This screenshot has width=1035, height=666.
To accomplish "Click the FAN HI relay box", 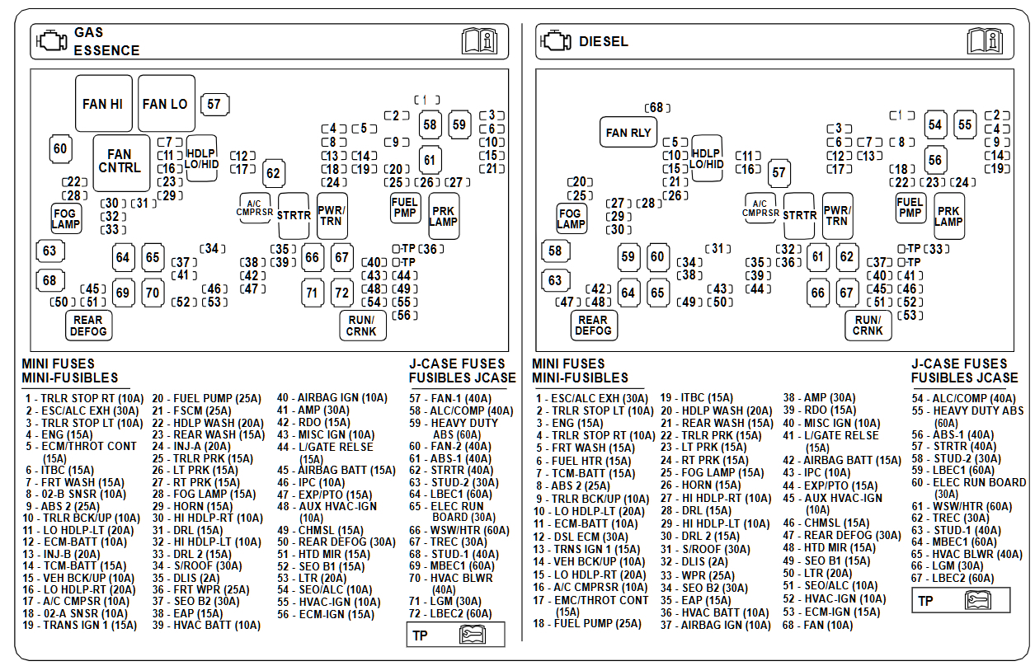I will click(103, 104).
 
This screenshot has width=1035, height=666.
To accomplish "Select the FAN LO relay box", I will click(165, 104).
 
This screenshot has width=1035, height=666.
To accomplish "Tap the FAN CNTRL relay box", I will click(120, 161).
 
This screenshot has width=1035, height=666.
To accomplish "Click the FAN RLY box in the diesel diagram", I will click(628, 133).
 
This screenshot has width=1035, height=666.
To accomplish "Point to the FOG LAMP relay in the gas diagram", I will click(65, 218).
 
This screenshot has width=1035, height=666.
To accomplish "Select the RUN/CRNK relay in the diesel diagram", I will click(868, 326).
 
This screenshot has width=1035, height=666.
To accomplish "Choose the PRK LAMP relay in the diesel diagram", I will click(948, 216).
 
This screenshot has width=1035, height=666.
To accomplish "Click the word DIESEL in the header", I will click(603, 41).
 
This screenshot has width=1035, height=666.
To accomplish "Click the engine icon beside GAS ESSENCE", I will click(51, 41).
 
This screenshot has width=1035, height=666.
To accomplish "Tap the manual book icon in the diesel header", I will click(984, 40).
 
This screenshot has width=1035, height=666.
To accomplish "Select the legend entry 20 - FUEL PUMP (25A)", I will click(206, 398).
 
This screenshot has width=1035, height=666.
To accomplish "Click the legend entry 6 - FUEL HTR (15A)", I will click(583, 462).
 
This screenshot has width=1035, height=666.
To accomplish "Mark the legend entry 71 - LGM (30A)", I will click(445, 602).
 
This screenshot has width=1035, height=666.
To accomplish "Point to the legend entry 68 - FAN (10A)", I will click(817, 626).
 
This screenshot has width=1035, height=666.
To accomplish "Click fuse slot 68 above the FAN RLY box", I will click(656, 108).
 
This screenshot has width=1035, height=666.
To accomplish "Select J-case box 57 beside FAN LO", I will click(214, 105).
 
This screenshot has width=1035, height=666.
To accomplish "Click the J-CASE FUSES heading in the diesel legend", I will click(958, 363).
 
